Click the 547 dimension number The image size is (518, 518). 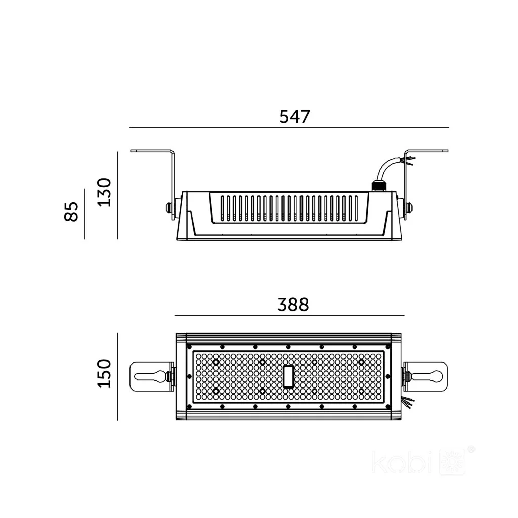295,117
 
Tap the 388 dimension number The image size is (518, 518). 293,305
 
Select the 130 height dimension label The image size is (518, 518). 105,193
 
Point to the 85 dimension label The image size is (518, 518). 71,211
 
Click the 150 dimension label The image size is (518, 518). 105,373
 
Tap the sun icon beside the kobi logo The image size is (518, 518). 452,462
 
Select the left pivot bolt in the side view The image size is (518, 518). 169,208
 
